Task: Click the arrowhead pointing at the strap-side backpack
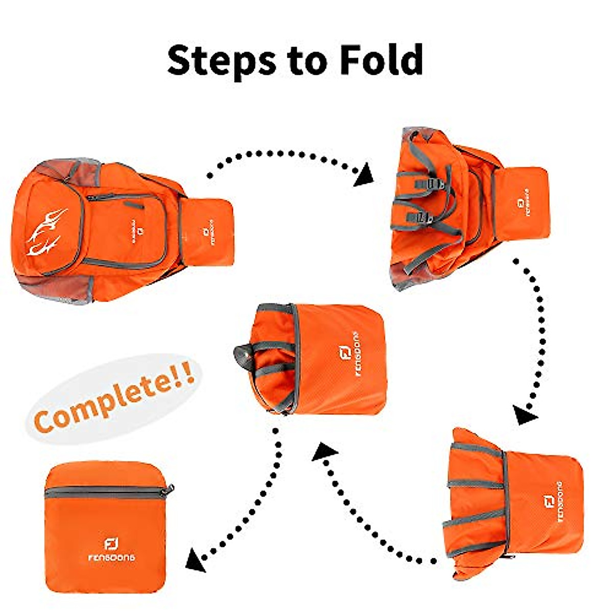364,176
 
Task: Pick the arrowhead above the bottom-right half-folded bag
525,414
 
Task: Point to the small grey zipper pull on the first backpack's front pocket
134,205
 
